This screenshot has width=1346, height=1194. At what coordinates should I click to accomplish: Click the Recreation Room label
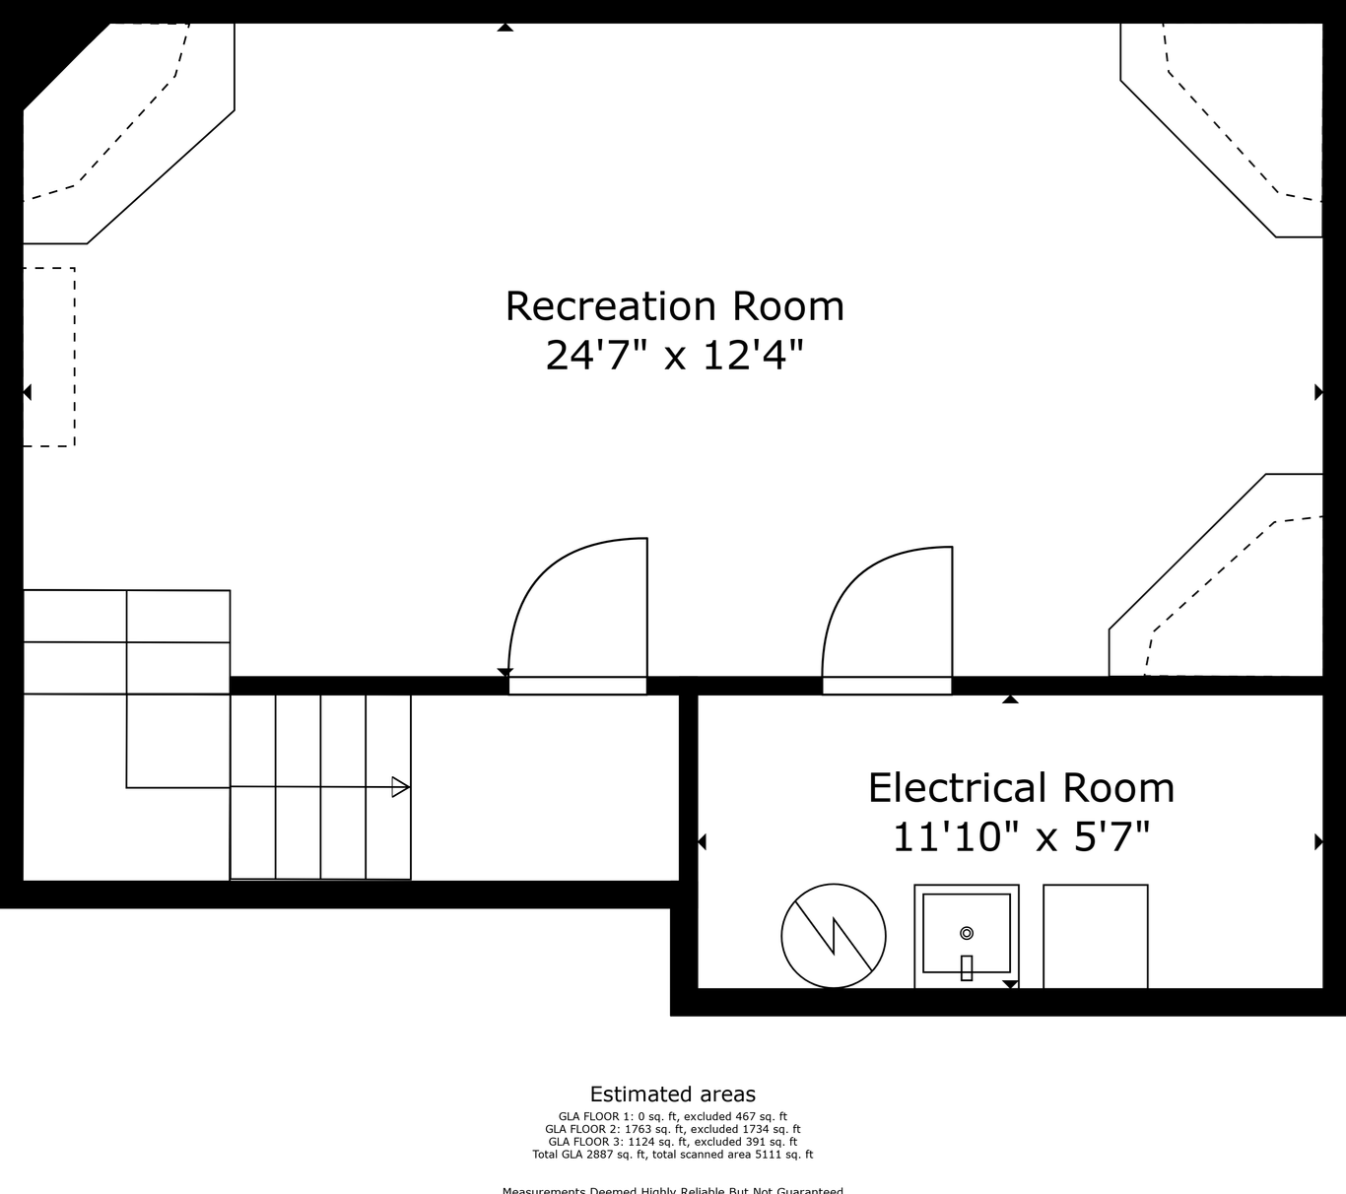[x=674, y=306]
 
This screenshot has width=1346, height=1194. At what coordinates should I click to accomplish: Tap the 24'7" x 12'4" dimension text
[x=674, y=355]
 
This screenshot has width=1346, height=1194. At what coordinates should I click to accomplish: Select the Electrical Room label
[x=1021, y=788]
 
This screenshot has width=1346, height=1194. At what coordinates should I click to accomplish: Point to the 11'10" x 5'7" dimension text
[x=1021, y=837]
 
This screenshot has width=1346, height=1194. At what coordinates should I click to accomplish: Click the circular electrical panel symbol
[x=834, y=936]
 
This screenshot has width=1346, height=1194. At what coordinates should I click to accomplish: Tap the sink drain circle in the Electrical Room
[x=967, y=933]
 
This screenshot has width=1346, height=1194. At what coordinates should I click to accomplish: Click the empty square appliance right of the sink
[x=1096, y=936]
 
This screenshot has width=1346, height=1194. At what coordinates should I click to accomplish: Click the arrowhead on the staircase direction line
[x=400, y=787]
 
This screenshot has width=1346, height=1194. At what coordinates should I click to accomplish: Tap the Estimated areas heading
[x=673, y=1094]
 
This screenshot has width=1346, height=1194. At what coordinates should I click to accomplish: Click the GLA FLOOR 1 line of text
[x=673, y=1117]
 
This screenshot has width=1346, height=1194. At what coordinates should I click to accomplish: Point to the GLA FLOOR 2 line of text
[x=673, y=1129]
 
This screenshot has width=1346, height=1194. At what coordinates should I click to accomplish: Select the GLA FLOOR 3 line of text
[x=673, y=1142]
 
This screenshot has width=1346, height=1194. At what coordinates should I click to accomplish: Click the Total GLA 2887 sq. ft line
[x=673, y=1155]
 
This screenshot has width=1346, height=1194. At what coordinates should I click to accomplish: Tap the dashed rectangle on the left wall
[x=49, y=357]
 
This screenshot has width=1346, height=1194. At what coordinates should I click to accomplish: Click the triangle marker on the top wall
[x=505, y=28]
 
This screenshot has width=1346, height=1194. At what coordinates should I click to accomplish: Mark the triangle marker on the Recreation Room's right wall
[x=1318, y=392]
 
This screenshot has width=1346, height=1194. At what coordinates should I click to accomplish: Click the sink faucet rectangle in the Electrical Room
[x=967, y=968]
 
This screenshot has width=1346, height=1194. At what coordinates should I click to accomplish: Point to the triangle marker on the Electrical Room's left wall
[x=702, y=841]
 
